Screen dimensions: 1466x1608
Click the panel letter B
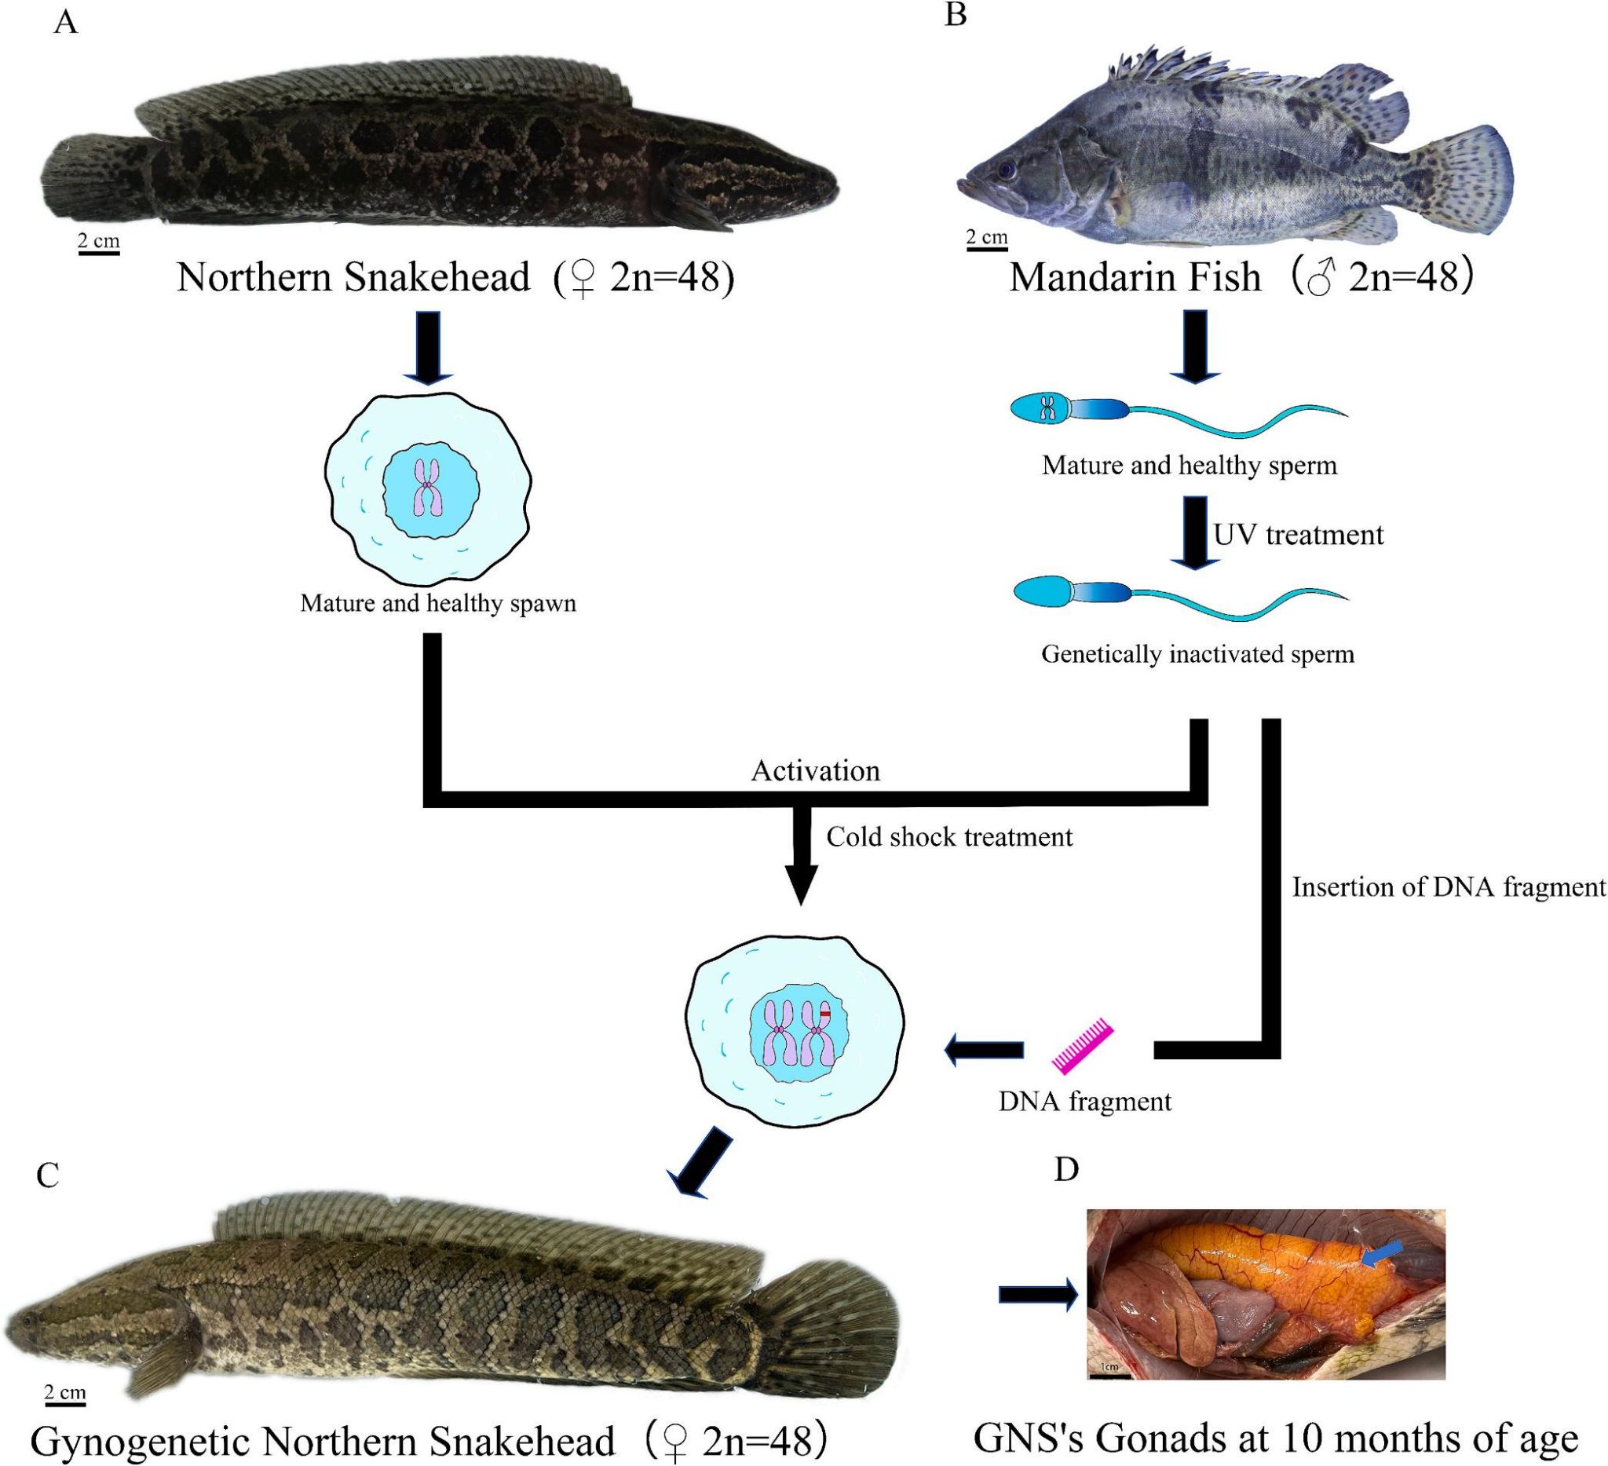[956, 14]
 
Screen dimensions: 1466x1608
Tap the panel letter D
[1066, 1169]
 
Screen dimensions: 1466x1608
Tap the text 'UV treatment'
[1299, 535]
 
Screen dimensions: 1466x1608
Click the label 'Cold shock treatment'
[949, 837]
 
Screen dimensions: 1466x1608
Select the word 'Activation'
[815, 770]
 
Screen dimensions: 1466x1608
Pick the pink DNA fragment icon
[1084, 1046]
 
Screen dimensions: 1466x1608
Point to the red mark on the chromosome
[825, 1014]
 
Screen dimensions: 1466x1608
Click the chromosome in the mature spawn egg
[429, 486]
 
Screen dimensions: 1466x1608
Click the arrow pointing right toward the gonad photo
[1038, 1294]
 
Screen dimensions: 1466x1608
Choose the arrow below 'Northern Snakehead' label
[429, 348]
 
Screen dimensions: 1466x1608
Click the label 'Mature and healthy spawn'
[438, 603]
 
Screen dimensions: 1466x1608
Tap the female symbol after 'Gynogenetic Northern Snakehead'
[674, 1440]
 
